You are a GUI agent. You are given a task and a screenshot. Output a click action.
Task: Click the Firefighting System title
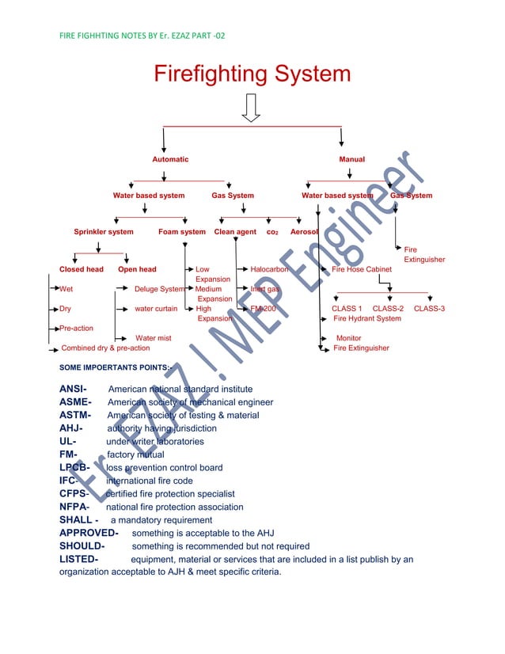[x=252, y=75]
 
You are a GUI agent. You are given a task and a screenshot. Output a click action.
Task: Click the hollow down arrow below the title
[x=252, y=108]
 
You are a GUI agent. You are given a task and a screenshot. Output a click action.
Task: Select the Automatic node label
[x=170, y=160]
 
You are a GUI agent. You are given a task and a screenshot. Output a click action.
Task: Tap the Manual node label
[x=352, y=160]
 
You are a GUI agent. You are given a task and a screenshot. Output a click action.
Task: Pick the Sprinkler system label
[x=104, y=232]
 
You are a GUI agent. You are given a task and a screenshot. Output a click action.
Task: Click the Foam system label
[x=182, y=232]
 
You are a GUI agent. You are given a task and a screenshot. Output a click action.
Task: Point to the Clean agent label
[x=235, y=232]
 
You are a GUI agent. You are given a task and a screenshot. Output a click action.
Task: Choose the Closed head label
[x=82, y=270]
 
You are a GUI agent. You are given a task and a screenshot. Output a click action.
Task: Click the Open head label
[x=137, y=270]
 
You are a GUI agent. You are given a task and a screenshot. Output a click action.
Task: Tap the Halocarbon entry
[x=269, y=270]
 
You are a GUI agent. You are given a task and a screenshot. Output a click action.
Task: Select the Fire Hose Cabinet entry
[x=362, y=270]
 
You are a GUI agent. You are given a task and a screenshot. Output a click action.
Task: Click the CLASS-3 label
[x=429, y=309]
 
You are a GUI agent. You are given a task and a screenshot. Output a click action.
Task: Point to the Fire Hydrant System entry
[x=367, y=318]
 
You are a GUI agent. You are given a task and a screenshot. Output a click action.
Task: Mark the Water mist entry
[x=153, y=338]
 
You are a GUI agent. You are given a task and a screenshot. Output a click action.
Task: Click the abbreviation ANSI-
[x=73, y=389]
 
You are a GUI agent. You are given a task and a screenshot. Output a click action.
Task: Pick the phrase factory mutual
[x=135, y=454]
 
